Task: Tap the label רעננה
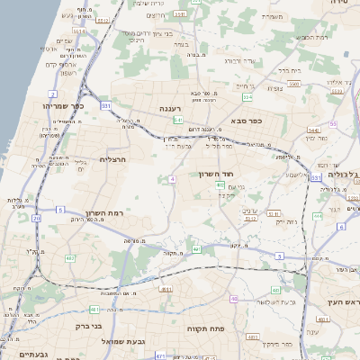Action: [x=172, y=108]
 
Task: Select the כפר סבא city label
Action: [x=246, y=121]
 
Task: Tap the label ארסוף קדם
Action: [x=42, y=63]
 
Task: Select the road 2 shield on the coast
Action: [x=53, y=93]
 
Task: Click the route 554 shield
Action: [x=247, y=96]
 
